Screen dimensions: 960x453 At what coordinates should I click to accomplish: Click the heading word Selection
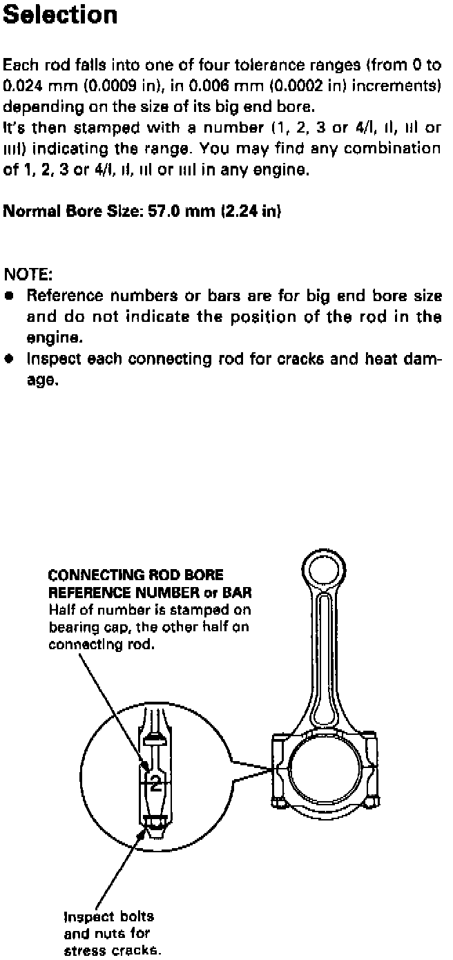(60, 15)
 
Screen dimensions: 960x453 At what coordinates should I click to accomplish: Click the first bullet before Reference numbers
(9, 296)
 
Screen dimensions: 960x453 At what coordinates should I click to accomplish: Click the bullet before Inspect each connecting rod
(9, 360)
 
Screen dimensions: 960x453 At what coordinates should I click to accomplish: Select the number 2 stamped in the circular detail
(156, 783)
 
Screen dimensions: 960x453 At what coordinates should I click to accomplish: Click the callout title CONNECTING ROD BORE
(136, 575)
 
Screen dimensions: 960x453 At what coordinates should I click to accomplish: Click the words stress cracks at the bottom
(112, 950)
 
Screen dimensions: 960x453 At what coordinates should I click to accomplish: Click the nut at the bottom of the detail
(156, 823)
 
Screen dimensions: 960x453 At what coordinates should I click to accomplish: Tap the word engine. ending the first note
(50, 338)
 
